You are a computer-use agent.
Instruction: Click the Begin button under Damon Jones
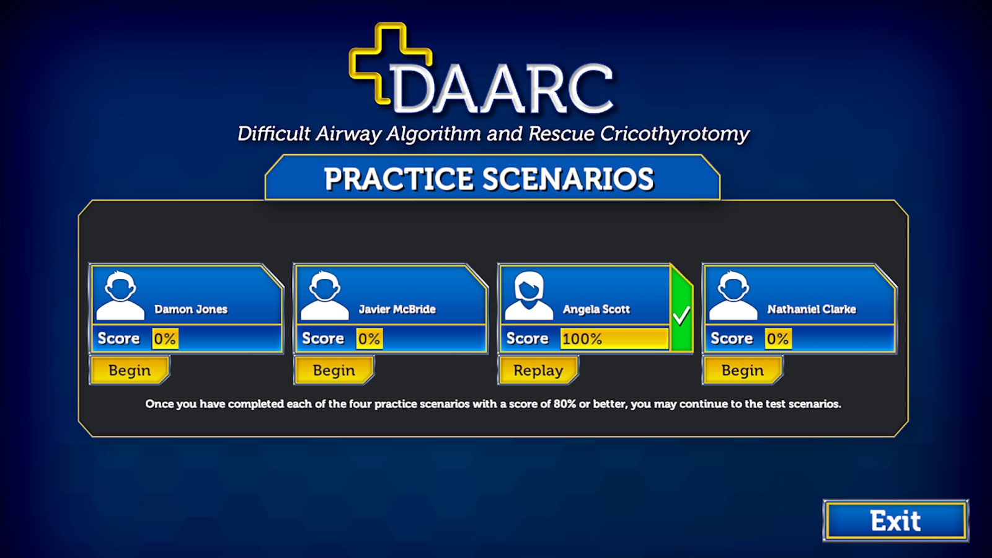[x=130, y=370]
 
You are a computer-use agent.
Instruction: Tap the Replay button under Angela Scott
[x=538, y=370]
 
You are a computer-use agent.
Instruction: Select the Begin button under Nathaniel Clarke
[x=742, y=370]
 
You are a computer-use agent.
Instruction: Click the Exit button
[x=895, y=521]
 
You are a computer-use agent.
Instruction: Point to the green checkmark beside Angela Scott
[x=681, y=316]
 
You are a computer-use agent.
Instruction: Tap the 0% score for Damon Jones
[x=165, y=339]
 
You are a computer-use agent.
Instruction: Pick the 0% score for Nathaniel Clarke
[x=777, y=339]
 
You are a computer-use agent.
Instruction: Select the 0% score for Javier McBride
[x=369, y=339]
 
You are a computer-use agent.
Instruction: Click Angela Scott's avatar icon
[x=528, y=295]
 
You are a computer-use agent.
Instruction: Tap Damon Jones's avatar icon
[x=120, y=295]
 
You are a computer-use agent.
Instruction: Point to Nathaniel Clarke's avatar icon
[x=733, y=295]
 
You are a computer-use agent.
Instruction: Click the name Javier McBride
[x=397, y=309]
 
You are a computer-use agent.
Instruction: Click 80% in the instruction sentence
[x=565, y=404]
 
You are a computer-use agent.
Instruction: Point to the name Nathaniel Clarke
[x=811, y=309]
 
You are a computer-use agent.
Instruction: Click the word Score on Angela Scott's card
[x=527, y=339]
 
